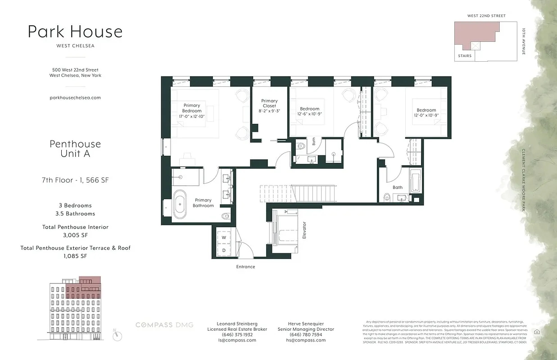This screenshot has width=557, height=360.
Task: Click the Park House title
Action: coord(75,31)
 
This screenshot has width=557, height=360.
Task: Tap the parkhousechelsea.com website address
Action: coord(75,97)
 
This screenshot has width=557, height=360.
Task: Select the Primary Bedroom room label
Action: coord(191,108)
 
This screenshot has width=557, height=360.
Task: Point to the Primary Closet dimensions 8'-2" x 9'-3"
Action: coord(269,111)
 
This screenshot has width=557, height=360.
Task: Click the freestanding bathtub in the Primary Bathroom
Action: coord(180,206)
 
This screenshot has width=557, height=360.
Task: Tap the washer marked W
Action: coord(224,238)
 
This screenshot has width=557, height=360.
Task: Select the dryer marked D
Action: coord(224,250)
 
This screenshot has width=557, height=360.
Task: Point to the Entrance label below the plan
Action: coord(245,267)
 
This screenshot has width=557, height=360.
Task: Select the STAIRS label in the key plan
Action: coord(464,56)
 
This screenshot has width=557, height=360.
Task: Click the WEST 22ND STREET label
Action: coord(486,16)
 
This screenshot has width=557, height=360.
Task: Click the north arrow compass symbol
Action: coord(118,335)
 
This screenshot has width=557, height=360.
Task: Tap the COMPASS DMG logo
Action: coord(164,325)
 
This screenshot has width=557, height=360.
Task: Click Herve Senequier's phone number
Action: coord(305,335)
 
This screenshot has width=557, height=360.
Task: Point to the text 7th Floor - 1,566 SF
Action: coord(75,180)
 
